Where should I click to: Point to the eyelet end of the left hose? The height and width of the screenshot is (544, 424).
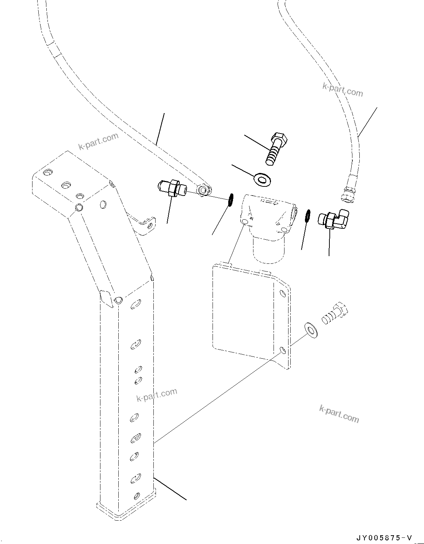coord(204,190)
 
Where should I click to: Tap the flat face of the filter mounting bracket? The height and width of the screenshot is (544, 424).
coord(241,310)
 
